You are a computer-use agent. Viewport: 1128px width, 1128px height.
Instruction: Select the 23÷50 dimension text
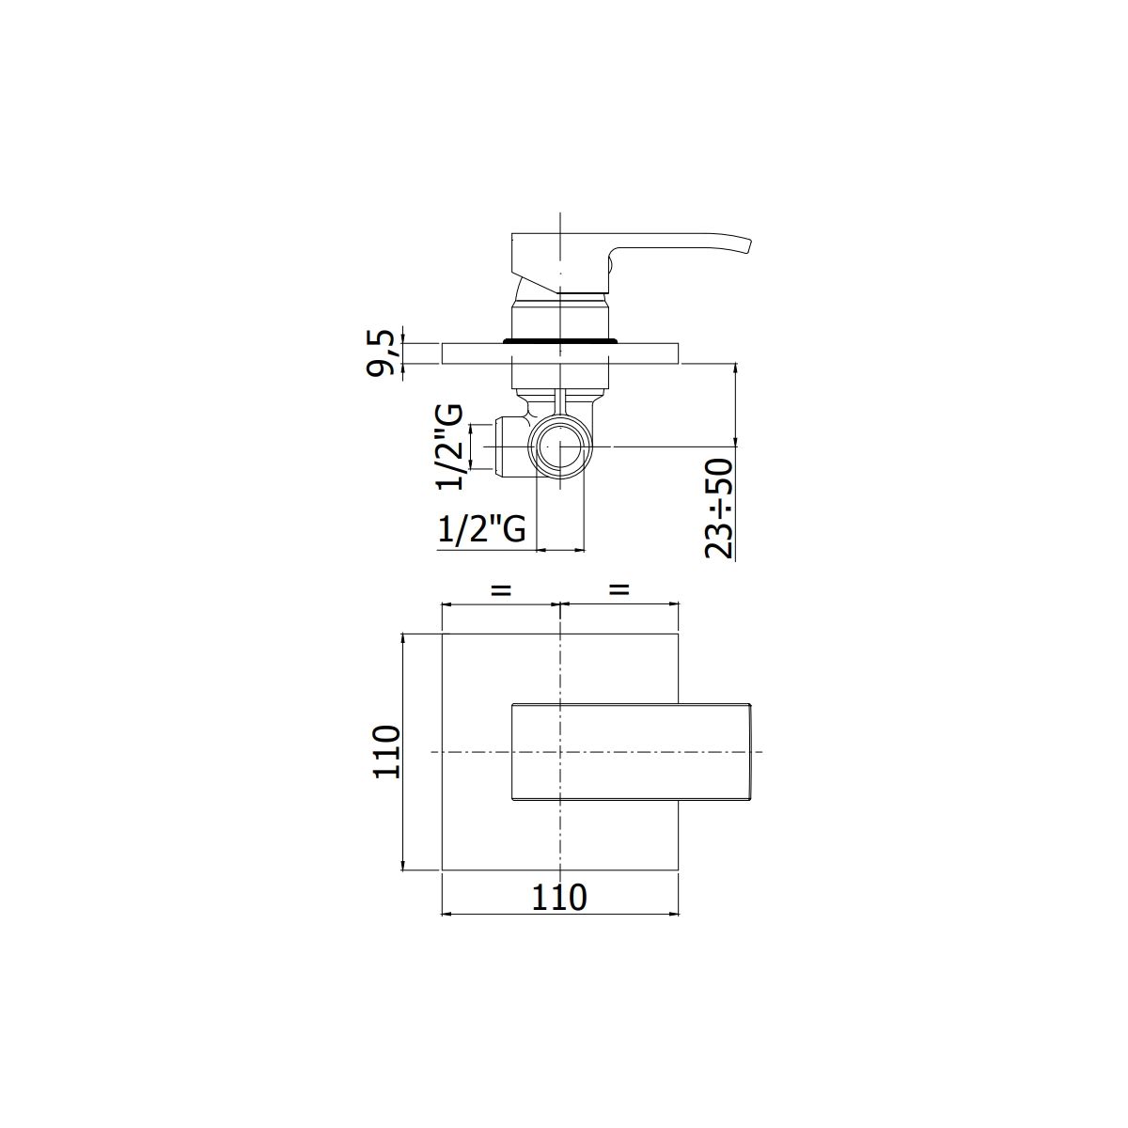(x=719, y=509)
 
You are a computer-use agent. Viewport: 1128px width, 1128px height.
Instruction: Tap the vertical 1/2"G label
(x=450, y=446)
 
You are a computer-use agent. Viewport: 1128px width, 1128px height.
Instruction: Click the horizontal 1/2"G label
(x=481, y=529)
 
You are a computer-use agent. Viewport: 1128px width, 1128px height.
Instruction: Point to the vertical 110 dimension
(x=386, y=752)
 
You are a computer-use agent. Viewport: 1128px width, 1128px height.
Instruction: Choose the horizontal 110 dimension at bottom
(x=559, y=898)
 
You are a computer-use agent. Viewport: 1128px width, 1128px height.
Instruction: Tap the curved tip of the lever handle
(x=748, y=245)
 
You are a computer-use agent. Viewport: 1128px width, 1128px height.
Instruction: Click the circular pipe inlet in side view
(x=560, y=446)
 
